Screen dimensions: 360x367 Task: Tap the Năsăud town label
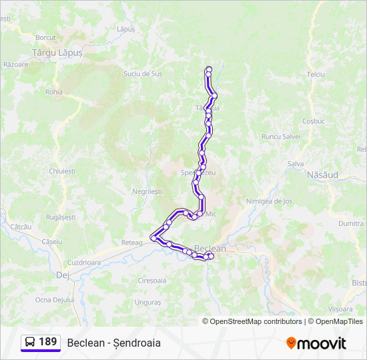[x=322, y=175]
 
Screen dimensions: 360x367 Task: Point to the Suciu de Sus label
[x=143, y=73]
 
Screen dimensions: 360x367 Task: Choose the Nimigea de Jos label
[x=269, y=201]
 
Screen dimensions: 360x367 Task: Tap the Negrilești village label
[x=147, y=191]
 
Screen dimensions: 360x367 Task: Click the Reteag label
[x=132, y=243]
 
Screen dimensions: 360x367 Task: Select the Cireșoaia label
[x=151, y=281]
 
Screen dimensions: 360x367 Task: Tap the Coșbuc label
[x=313, y=121]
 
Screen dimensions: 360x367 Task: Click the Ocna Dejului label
[x=55, y=300]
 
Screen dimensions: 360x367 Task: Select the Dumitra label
[x=350, y=224]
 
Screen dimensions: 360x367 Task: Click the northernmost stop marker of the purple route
[x=209, y=69]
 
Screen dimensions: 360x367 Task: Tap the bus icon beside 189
[x=29, y=343]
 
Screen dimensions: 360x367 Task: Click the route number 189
[x=47, y=342]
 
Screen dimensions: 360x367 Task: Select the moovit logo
[x=316, y=343]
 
